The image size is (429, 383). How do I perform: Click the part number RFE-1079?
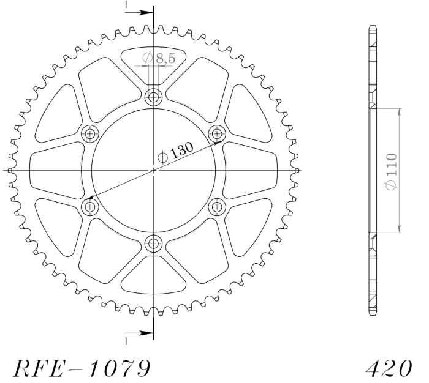pyautogui.click(x=82, y=368)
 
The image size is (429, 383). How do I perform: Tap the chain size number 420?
pyautogui.click(x=389, y=368)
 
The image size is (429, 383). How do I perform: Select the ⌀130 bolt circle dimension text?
pyautogui.click(x=176, y=152)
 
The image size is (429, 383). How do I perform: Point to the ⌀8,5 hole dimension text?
pyautogui.click(x=159, y=58)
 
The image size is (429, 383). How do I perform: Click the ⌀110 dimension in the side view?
pyautogui.click(x=391, y=171)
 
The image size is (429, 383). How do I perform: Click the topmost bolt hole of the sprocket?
pyautogui.click(x=153, y=97)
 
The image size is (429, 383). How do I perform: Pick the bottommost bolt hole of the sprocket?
pyautogui.click(x=153, y=243)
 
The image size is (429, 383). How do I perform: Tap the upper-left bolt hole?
pyautogui.click(x=89, y=134)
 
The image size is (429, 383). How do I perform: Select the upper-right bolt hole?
pyautogui.click(x=217, y=133)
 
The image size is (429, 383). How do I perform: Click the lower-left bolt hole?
pyautogui.click(x=89, y=207)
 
